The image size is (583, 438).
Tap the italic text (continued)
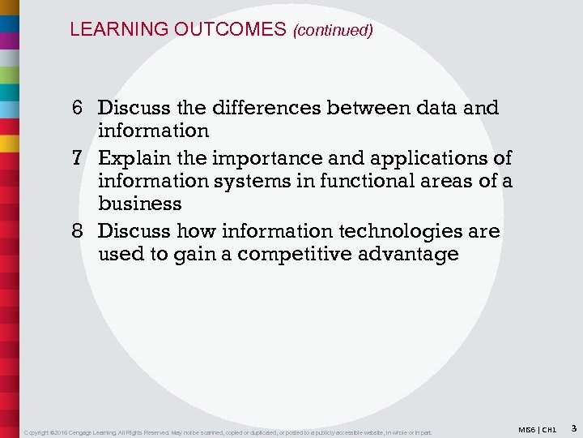coord(333,31)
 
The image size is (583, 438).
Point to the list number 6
coord(79,108)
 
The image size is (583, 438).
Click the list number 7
coord(79,157)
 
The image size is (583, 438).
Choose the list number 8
coord(79,231)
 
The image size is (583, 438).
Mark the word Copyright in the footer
coord(40,432)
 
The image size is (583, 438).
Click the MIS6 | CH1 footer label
coord(538,429)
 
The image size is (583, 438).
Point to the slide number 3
coord(572,428)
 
